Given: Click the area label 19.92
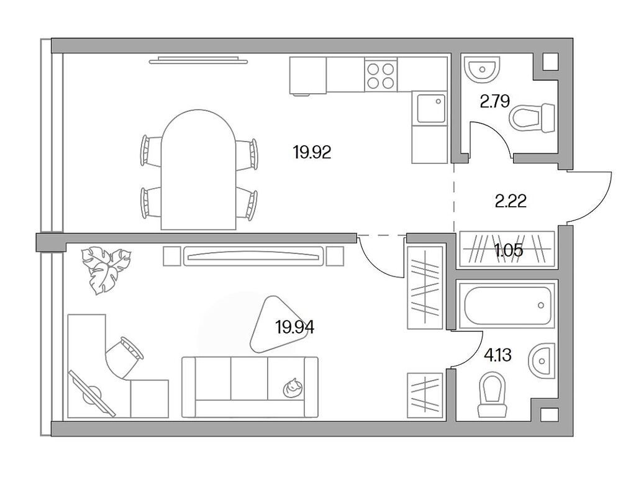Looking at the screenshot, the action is tap(312, 153).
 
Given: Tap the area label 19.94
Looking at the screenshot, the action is tap(295, 327).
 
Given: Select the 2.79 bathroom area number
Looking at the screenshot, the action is tap(494, 101).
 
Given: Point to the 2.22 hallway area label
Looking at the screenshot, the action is tap(511, 201).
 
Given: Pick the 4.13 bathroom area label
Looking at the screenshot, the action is tap(497, 356).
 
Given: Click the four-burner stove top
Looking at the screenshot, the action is tap(381, 75).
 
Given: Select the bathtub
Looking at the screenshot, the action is tap(506, 306).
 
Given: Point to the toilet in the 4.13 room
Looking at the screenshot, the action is tap(493, 395).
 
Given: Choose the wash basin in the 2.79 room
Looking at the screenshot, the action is tap(482, 70).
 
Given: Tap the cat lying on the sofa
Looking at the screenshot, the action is tap(293, 388).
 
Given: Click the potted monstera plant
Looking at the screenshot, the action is tap(106, 269).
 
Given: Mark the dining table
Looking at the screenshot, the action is tap(198, 170).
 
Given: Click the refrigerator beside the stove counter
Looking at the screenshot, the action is tap(308, 75).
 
